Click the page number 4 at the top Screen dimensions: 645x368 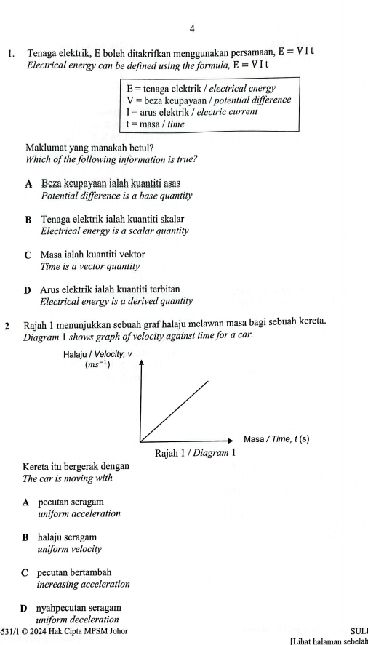click(x=192, y=28)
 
